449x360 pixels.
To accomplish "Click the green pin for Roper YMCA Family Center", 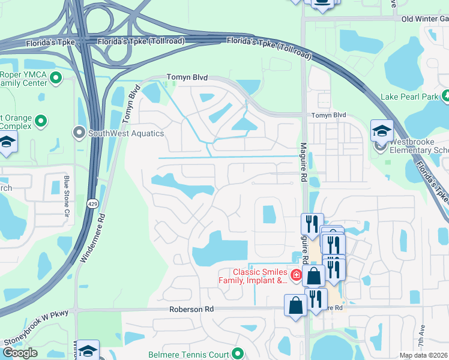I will pos(56,77).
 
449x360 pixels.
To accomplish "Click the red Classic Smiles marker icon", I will pos(296,275).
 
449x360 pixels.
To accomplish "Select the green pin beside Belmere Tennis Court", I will pos(238,354).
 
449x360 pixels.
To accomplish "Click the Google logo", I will pos(20,352).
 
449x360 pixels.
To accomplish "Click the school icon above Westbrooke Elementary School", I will pos(382,131).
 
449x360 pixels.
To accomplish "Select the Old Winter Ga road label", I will pos(424,19).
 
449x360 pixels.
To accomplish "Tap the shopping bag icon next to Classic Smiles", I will pos(313,276).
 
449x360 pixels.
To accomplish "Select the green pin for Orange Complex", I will pos(41,121).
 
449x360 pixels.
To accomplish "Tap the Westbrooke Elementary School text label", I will pos(418,150).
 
